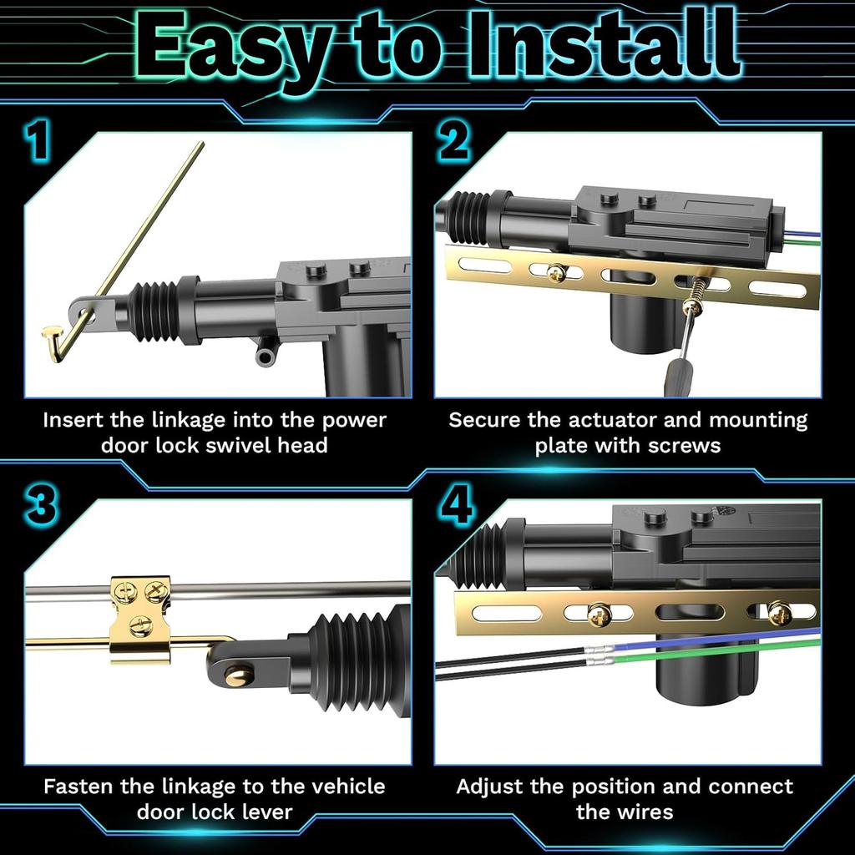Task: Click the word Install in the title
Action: pyautogui.click(x=605, y=45)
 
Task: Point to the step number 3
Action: pyautogui.click(x=40, y=506)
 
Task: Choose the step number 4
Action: pyautogui.click(x=456, y=506)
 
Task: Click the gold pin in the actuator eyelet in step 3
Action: pyautogui.click(x=239, y=676)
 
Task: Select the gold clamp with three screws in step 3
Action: pyautogui.click(x=140, y=620)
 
